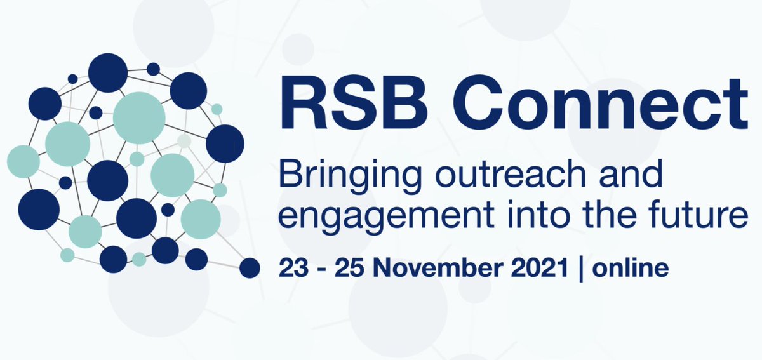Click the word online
click(x=630, y=267)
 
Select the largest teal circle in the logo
click(x=139, y=117)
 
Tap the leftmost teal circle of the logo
click(x=23, y=161)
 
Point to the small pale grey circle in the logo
click(x=184, y=140)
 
